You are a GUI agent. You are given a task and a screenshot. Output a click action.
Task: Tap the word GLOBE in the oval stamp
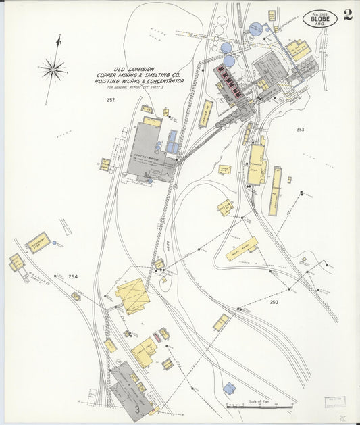coord(319,18)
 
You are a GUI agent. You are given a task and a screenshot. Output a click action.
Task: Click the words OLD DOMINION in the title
coord(134,69)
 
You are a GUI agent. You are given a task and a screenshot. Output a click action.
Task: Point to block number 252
coord(111,100)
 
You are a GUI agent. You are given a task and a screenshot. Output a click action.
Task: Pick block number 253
coord(300,130)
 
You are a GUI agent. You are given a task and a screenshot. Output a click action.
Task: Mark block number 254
coord(73,276)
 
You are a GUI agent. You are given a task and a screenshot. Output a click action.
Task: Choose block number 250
coord(274,302)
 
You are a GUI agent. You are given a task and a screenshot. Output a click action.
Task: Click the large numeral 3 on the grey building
coord(136,408)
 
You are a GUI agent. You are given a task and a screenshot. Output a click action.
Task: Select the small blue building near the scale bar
coord(230,389)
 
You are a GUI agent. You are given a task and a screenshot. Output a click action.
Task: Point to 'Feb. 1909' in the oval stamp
coord(319,12)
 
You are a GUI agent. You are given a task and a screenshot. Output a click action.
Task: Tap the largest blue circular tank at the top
coord(255,30)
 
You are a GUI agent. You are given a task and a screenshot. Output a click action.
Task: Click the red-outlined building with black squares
coord(230,84)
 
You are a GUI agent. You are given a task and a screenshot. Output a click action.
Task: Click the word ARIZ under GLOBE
coord(320,24)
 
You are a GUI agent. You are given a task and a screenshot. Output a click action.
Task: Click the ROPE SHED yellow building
coord(240,249)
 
